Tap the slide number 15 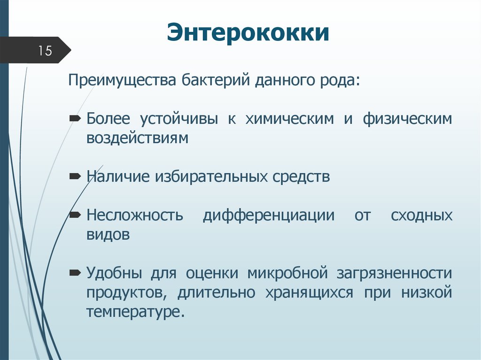pos(45,51)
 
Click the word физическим pos(407,119)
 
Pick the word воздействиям pos(137,138)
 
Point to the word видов pos(108,235)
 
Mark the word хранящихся pos(313,292)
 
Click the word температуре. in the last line pos(134,312)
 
